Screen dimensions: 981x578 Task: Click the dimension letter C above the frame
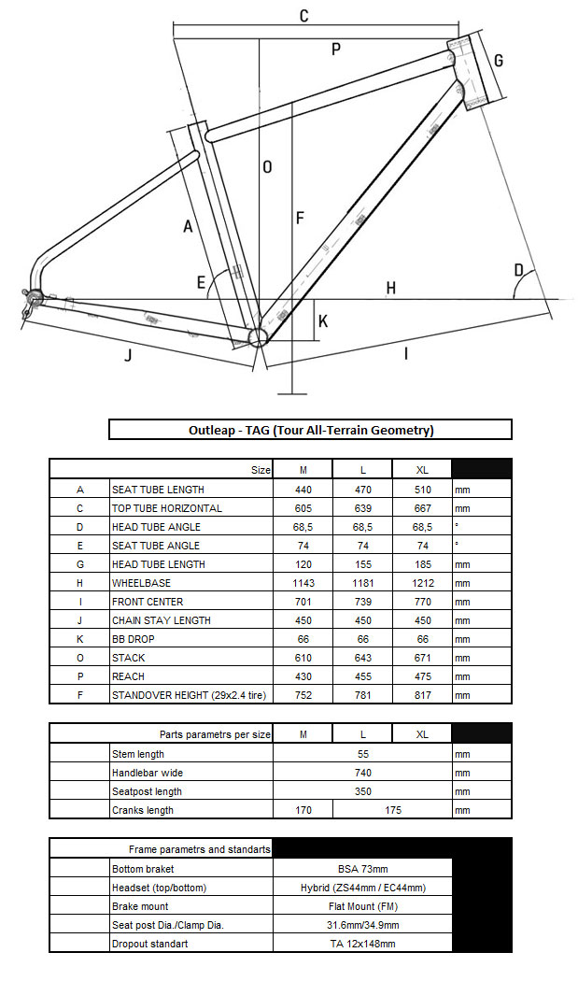click(303, 16)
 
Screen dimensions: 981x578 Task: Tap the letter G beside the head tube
click(499, 61)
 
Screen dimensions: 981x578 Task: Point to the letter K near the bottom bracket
click(323, 320)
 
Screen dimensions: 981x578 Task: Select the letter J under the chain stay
click(128, 355)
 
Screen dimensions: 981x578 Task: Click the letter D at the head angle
click(518, 271)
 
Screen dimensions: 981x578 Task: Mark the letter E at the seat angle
click(201, 282)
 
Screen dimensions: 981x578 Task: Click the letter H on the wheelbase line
click(391, 288)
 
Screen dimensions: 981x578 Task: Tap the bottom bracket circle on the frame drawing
click(259, 335)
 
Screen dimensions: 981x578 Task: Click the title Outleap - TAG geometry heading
click(311, 430)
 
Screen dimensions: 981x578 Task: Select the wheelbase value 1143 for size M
click(303, 583)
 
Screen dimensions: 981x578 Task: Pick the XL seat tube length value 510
click(422, 490)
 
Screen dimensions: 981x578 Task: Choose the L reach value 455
click(363, 676)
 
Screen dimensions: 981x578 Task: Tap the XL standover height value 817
click(422, 695)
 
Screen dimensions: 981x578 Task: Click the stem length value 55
click(363, 754)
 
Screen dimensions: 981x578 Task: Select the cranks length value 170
click(303, 810)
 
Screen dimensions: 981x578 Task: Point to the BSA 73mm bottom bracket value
click(363, 869)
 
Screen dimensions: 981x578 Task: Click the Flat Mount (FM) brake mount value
click(363, 906)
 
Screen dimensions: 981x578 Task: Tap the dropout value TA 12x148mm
click(363, 944)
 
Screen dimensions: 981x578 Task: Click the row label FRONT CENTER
click(148, 602)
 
